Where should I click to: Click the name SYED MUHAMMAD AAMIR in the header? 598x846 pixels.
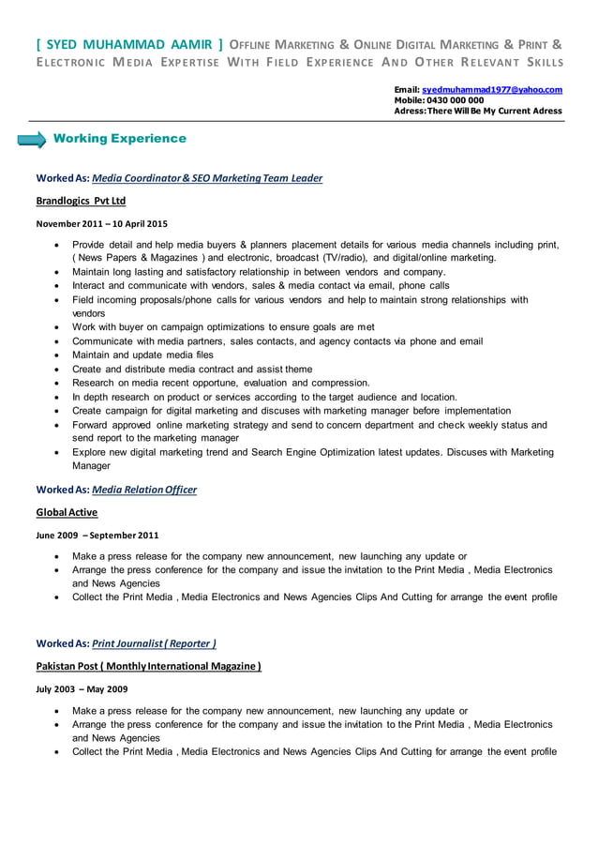tap(129, 43)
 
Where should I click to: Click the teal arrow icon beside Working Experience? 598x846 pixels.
tap(32, 140)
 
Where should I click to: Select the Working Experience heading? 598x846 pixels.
tap(120, 139)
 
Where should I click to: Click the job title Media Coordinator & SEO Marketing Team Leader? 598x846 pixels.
tap(207, 178)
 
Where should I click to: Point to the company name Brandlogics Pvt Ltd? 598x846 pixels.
tap(81, 201)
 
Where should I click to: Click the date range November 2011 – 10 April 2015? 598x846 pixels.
tap(101, 223)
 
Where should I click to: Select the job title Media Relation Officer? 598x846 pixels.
tap(144, 490)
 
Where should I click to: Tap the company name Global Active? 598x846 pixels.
tap(67, 512)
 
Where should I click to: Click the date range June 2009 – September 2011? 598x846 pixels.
tap(97, 535)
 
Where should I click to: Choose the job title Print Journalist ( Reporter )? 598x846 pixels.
tap(154, 643)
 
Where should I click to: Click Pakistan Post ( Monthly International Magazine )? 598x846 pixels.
tap(148, 666)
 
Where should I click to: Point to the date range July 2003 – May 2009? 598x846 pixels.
tap(82, 688)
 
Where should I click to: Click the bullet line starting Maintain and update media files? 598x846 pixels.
tap(142, 355)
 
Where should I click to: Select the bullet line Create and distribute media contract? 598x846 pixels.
tap(192, 369)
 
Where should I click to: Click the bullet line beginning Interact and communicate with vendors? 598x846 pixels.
tap(261, 286)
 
